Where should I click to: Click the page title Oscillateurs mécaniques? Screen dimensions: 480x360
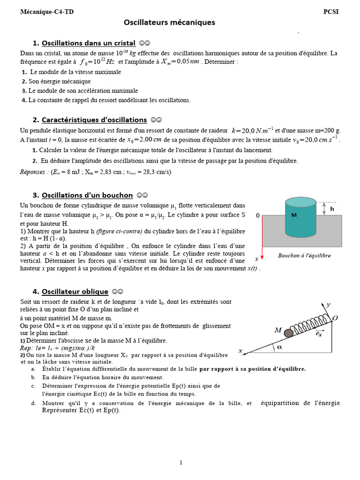[169, 22]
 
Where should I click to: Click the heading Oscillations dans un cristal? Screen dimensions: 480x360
[89, 43]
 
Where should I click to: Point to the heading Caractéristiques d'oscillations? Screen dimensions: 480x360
[94, 120]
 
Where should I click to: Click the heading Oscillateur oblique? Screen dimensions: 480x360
[75, 291]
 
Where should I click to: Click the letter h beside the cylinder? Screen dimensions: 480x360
[332, 209]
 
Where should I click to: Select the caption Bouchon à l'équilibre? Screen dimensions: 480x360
[304, 255]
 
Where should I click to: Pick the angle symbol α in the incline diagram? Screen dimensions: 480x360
[280, 347]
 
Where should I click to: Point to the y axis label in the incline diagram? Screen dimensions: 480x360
[329, 304]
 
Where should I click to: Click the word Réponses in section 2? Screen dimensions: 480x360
[35, 172]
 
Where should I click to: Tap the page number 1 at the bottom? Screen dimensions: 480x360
[181, 463]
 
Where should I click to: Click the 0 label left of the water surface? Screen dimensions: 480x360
[257, 216]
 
